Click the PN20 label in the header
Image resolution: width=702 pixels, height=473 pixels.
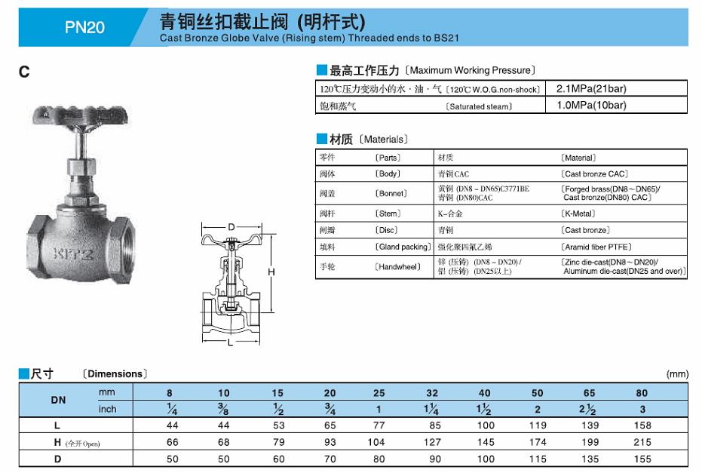[x=84, y=27]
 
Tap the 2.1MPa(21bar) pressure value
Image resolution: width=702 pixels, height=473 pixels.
[x=591, y=88]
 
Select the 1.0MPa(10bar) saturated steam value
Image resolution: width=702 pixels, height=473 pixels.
[x=591, y=106]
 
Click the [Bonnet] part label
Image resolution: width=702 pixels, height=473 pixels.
[x=391, y=193]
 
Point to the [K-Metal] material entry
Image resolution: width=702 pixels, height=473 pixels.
[x=578, y=213]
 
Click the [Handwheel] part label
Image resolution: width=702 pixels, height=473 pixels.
[x=397, y=266]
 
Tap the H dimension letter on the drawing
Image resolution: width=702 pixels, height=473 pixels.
[x=271, y=272]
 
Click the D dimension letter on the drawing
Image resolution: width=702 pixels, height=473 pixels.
[x=231, y=227]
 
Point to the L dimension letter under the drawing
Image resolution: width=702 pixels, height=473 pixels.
[x=231, y=342]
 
